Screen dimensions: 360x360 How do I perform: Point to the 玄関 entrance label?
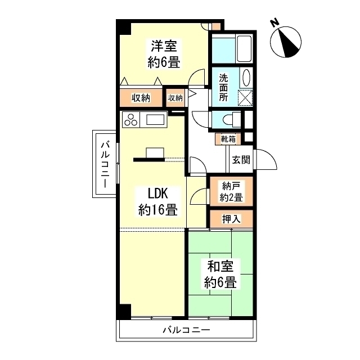[241, 159]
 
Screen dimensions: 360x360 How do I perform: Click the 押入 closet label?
[231, 218]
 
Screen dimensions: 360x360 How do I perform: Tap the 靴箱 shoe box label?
[228, 138]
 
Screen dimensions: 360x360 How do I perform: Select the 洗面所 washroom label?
[224, 88]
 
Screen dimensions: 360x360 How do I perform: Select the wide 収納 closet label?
[141, 98]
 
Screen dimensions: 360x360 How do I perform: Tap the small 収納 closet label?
[175, 98]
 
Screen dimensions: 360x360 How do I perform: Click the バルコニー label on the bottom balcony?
[186, 330]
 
